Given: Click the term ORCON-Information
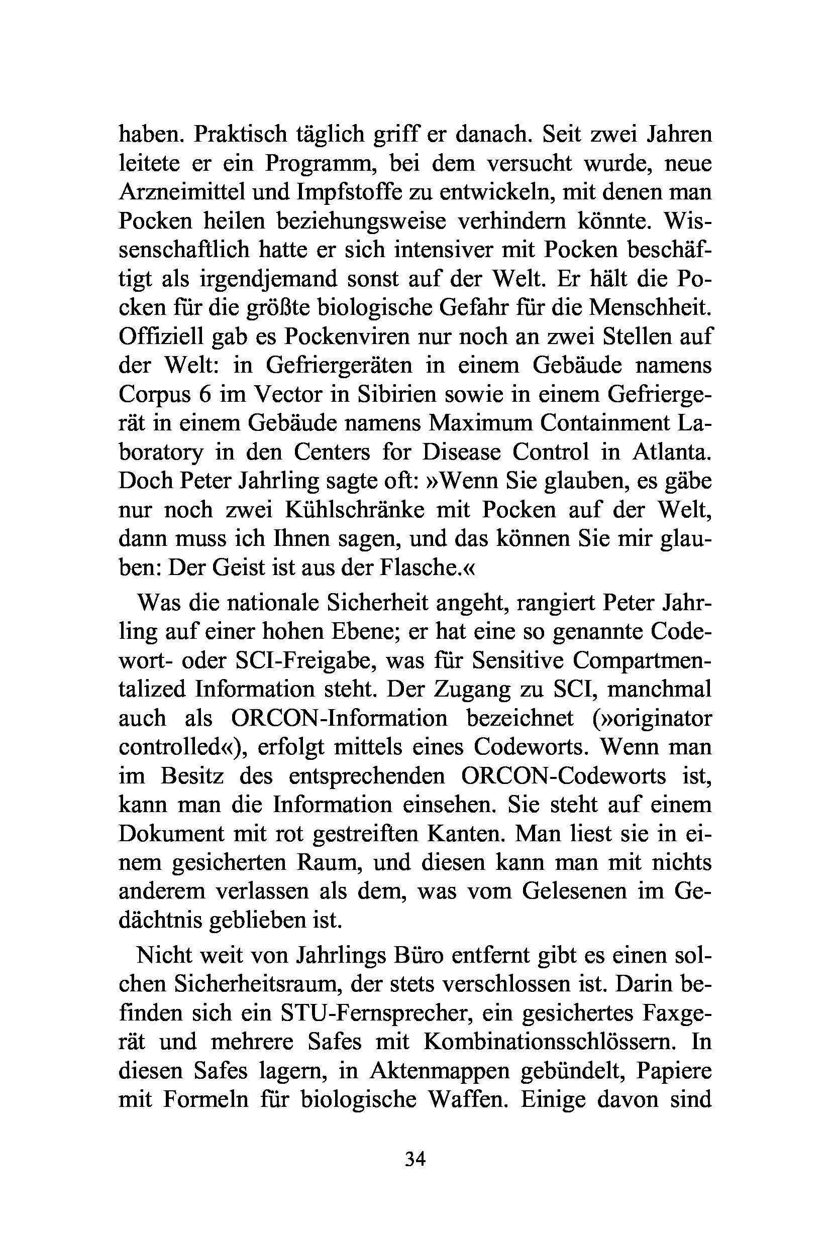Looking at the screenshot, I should pos(340,718).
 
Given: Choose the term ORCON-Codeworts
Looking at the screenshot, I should pos(563,775).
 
